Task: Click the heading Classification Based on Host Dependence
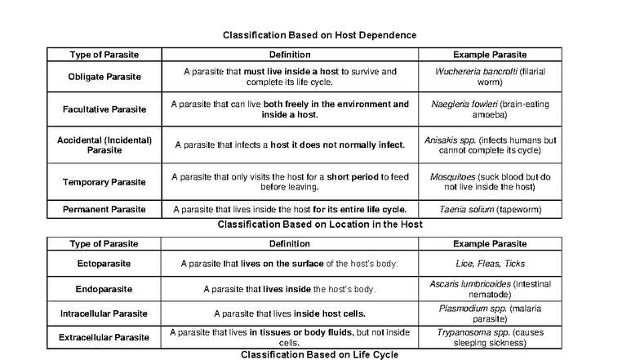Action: point(320,36)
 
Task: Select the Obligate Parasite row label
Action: point(104,77)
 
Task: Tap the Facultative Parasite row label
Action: point(104,109)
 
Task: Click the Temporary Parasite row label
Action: point(104,181)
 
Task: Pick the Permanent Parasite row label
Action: point(104,210)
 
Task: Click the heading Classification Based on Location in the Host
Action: point(320,224)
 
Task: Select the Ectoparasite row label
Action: point(104,264)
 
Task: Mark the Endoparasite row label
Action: point(104,289)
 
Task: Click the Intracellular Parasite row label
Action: point(104,313)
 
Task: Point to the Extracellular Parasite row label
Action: point(104,336)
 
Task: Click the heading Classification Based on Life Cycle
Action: point(320,354)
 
